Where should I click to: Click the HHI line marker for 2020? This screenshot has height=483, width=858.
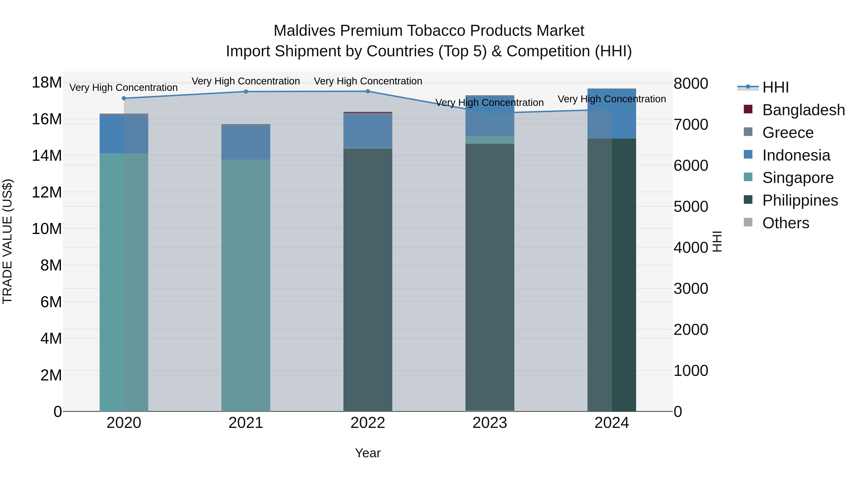[x=124, y=98]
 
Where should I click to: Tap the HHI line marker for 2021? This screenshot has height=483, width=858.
[x=246, y=92]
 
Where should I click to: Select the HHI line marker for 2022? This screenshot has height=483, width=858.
[x=368, y=91]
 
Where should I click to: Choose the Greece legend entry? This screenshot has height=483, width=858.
[x=788, y=133]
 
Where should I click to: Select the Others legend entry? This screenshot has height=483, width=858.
[x=785, y=223]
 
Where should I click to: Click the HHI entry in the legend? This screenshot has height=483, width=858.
[x=775, y=87]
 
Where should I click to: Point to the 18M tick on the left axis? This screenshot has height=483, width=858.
[x=47, y=82]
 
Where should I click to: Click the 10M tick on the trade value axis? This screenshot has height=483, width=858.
[x=47, y=229]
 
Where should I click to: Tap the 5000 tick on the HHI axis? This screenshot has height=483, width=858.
[x=690, y=207]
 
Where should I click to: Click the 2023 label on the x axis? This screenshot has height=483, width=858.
[x=490, y=423]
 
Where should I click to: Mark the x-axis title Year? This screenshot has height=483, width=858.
[x=368, y=453]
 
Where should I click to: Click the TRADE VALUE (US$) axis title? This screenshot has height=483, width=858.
[x=8, y=241]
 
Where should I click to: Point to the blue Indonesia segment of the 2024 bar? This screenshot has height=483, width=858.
[x=612, y=113]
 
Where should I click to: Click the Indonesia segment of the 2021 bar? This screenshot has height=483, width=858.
[x=246, y=143]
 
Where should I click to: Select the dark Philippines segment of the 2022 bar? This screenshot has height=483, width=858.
[x=368, y=280]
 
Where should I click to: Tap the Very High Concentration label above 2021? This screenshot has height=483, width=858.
[x=246, y=81]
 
